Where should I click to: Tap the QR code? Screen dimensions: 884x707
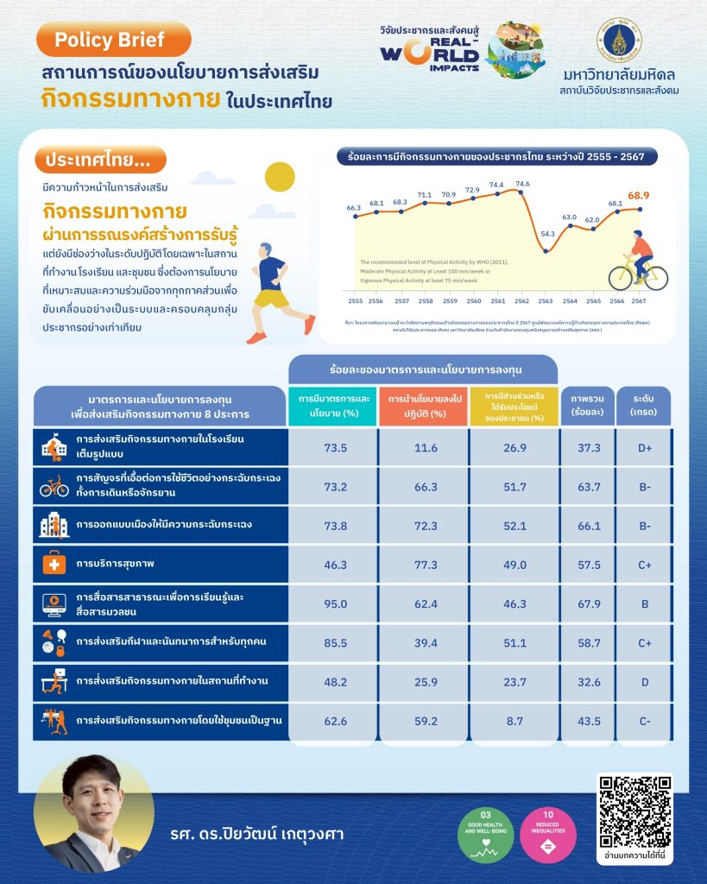coord(634,810)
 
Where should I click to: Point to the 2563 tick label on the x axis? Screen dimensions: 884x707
coord(546,300)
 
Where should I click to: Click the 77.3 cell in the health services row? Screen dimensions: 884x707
coord(423,565)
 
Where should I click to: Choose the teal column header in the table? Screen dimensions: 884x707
coord(332,407)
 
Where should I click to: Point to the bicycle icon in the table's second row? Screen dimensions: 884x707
coord(54,488)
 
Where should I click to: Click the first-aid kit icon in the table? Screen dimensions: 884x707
coord(54,565)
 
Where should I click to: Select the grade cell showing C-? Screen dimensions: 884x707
coord(645,720)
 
